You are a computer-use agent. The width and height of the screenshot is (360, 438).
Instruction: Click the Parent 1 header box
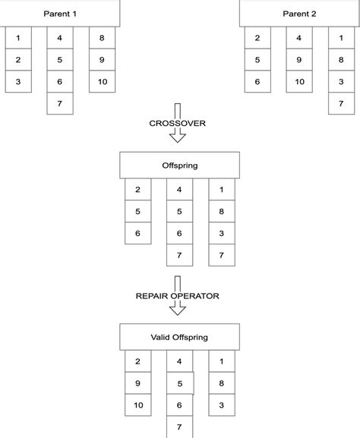pos(60,14)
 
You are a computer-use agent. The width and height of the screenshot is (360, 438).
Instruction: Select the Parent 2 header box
pos(300,14)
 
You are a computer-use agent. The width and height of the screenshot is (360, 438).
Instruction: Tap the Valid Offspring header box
pos(179,338)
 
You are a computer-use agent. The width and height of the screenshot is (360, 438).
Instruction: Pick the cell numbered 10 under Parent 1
pos(102,81)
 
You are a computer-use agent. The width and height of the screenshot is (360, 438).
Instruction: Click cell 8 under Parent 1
pos(102,38)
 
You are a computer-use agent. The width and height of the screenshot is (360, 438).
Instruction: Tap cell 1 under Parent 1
pos(18,38)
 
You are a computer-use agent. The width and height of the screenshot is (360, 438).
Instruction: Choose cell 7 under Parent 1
pos(60,103)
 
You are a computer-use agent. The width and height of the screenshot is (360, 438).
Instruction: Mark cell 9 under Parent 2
pos(299,60)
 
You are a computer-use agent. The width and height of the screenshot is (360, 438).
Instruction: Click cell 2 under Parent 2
pos(257,38)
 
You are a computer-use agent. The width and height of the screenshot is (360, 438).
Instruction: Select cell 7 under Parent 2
pos(341,103)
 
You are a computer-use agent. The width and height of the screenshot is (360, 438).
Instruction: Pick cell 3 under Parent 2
pos(341,81)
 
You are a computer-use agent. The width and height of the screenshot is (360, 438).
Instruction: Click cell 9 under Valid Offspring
pos(137,384)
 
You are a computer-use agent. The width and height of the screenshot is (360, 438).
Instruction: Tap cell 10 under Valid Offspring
pos(137,405)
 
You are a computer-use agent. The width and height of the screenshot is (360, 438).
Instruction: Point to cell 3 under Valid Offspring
pos(221,405)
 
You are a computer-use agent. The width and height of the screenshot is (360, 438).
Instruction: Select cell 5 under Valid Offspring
pos(180,384)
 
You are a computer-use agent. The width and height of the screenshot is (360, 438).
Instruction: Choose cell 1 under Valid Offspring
pos(221,362)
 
